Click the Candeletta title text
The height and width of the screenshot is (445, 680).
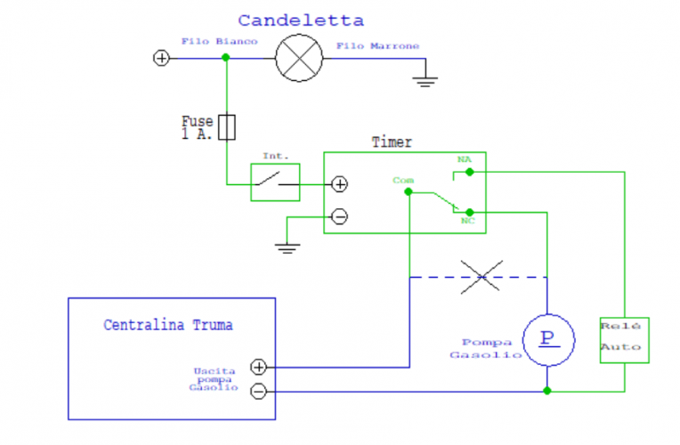301,20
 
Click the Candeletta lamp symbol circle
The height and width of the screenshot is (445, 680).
298,59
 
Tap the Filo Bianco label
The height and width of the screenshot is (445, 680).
219,42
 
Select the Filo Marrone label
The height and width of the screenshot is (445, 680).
376,45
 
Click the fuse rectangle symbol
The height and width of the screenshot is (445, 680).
227,127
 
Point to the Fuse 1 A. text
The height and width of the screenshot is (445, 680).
198,127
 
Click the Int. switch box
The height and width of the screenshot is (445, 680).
275,182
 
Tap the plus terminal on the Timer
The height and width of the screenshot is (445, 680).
339,184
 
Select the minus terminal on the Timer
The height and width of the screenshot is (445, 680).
339,216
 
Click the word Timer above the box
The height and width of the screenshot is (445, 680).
392,142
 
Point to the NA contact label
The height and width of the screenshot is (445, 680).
465,159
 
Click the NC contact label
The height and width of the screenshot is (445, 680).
467,221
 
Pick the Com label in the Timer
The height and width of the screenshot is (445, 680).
403,180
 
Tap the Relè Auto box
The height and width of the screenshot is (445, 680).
624,339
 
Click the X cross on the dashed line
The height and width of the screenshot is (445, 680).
482,277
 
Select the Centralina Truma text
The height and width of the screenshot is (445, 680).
168,325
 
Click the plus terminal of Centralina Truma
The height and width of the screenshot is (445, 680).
259,366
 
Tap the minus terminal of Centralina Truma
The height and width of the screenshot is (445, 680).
259,391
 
